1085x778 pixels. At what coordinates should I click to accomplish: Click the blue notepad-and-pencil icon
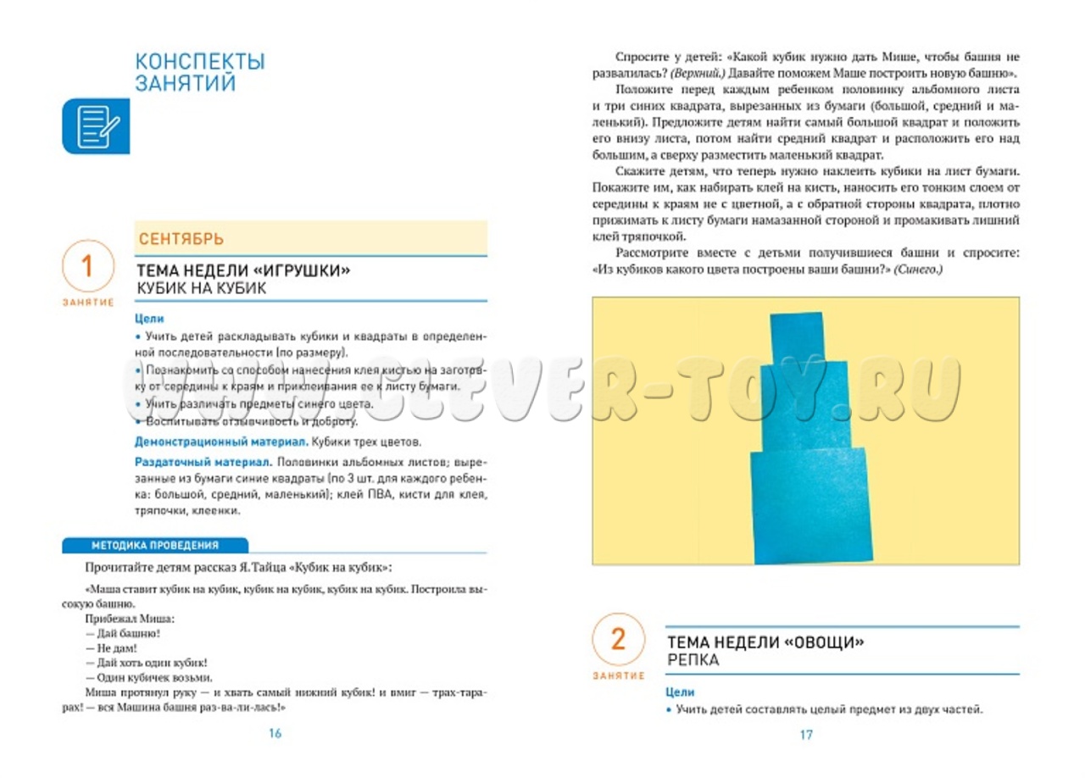point(96,125)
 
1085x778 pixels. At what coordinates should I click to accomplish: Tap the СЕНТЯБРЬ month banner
point(181,239)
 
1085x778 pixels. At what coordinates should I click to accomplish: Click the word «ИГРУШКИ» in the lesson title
point(301,270)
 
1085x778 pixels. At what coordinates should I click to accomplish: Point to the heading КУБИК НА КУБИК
point(202,288)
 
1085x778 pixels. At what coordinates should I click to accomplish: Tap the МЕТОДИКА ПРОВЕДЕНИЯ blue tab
point(155,546)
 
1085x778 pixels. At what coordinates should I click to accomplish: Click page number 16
point(274,734)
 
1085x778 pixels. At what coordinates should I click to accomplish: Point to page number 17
point(806,735)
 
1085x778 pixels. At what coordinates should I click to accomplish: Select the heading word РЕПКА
point(693,660)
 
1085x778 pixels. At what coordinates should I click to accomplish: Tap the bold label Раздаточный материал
point(202,463)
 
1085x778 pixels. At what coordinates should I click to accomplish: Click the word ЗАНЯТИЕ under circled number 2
point(619,675)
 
